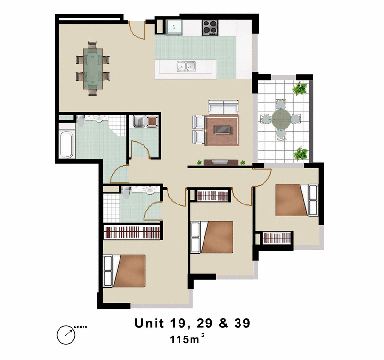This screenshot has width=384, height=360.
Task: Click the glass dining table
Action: (x=92, y=69)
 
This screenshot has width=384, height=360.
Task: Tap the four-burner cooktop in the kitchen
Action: (x=210, y=27)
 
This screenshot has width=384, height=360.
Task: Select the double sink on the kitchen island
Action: (x=185, y=67)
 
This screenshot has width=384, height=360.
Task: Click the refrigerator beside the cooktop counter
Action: (x=174, y=27)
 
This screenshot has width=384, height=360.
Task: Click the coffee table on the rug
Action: (x=222, y=130)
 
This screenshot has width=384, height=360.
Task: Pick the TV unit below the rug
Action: (x=221, y=162)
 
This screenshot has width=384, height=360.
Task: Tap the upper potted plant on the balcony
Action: (x=300, y=88)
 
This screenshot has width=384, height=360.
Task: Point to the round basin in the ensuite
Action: (x=150, y=191)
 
